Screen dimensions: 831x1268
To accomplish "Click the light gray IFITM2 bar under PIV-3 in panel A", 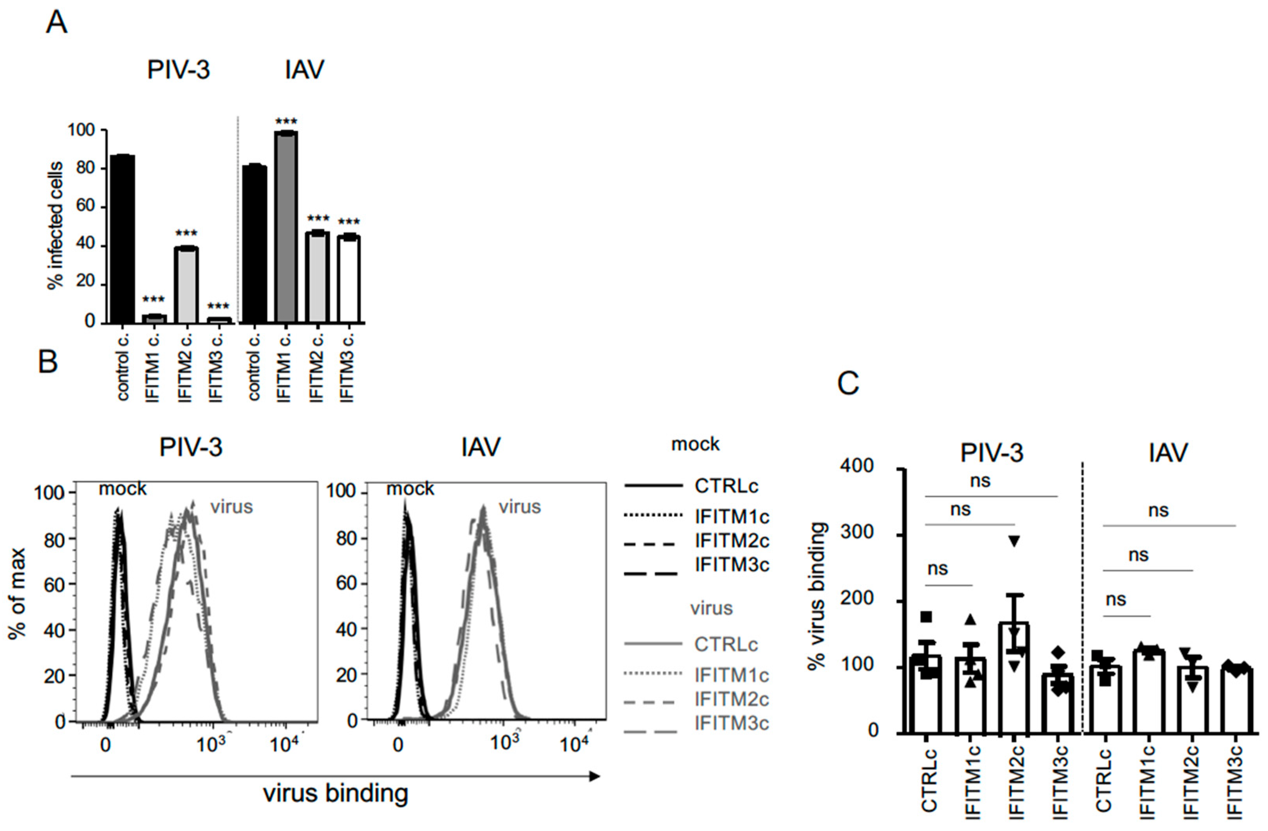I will (x=187, y=285).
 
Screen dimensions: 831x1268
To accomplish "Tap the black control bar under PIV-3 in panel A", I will (x=121, y=239).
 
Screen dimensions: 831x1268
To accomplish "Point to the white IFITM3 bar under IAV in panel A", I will (x=349, y=279).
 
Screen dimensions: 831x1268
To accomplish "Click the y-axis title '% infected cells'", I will (x=55, y=226).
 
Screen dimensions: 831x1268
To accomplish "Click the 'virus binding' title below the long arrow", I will (x=336, y=793).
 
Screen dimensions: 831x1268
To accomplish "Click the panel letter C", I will (x=848, y=383).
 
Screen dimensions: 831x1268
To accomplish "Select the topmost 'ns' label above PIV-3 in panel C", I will (x=980, y=481).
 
